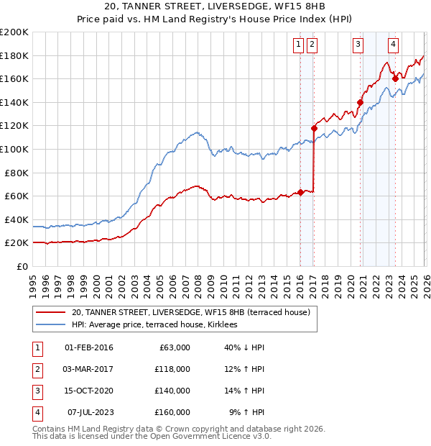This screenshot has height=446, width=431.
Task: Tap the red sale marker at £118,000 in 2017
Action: pyautogui.click(x=314, y=128)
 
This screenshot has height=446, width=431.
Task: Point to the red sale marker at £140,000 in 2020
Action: pyautogui.click(x=360, y=102)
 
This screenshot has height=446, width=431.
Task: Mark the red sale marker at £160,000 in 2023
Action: pyautogui.click(x=394, y=79)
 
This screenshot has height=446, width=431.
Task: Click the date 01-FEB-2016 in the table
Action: pyautogui.click(x=89, y=347)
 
